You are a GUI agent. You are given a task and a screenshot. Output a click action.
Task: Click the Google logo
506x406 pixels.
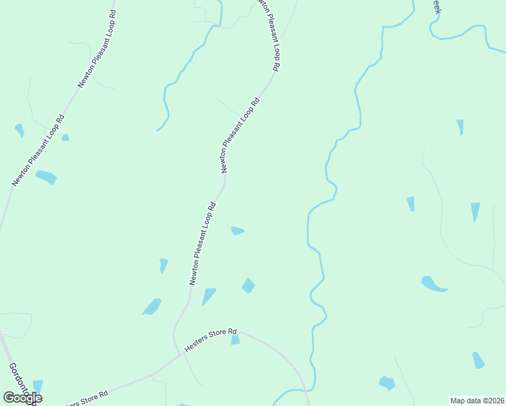point(22,398)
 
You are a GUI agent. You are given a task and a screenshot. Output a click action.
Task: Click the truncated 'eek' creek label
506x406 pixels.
point(436,7)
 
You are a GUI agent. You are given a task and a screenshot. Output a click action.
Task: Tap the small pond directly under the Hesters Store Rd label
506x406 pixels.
point(235,340)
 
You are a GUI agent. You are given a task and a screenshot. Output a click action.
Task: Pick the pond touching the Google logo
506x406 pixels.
point(37,386)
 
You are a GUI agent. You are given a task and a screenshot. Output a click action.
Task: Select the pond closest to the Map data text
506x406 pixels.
point(478,360)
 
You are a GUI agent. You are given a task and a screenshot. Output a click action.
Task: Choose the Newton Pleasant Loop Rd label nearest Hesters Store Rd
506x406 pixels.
point(202,244)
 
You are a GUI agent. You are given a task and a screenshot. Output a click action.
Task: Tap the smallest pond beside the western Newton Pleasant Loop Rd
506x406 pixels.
point(66,137)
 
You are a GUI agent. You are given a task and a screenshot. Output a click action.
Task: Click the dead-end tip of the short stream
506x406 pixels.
point(157,130)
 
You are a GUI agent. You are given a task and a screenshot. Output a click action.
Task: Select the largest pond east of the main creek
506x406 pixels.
point(432,284)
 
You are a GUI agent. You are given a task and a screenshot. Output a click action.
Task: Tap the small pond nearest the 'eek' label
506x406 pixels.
point(460,127)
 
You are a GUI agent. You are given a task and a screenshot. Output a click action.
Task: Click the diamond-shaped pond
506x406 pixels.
point(249,286)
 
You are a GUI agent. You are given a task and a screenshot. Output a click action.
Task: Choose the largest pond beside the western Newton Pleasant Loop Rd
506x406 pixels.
point(46,177)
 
